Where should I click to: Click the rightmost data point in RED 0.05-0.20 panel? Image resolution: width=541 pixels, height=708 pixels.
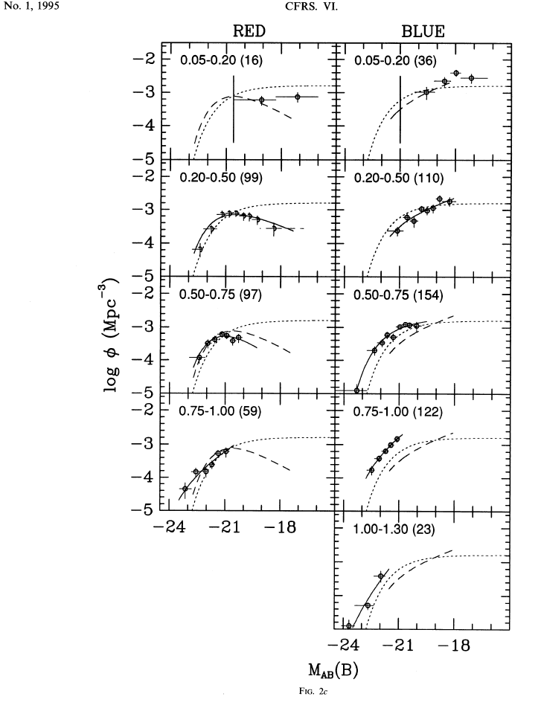click(x=298, y=97)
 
